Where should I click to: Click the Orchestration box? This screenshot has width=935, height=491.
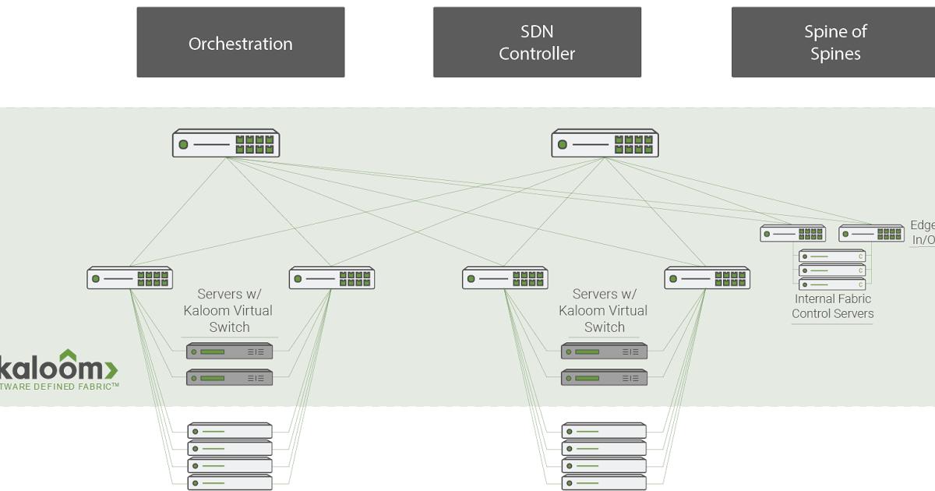pyautogui.click(x=240, y=43)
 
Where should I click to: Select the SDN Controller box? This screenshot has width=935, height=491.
pyautogui.click(x=537, y=43)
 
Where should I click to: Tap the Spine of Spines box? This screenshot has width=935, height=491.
pyautogui.click(x=834, y=43)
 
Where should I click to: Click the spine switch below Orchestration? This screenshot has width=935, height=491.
pyautogui.click(x=226, y=144)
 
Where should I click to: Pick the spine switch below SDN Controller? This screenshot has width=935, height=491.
pyautogui.click(x=605, y=144)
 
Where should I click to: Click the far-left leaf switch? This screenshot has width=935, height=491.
pyautogui.click(x=129, y=278)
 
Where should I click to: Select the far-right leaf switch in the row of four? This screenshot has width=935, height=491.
pyautogui.click(x=707, y=278)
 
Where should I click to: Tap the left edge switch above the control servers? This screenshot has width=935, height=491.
pyautogui.click(x=793, y=233)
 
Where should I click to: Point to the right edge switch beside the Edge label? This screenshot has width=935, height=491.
pyautogui.click(x=871, y=233)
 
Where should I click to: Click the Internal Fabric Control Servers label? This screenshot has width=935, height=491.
pyautogui.click(x=832, y=306)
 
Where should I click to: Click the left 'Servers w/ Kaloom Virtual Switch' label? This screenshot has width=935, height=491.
pyautogui.click(x=228, y=310)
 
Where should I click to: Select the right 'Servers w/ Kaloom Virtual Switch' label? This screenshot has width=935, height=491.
pyautogui.click(x=604, y=310)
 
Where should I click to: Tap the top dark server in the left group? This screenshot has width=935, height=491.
pyautogui.click(x=230, y=351)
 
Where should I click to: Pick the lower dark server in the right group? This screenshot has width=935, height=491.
pyautogui.click(x=605, y=378)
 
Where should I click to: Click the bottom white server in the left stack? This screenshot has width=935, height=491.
pyautogui.click(x=230, y=482)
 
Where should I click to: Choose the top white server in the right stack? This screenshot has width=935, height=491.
pyautogui.click(x=605, y=430)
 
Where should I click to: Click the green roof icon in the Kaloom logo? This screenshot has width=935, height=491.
pyautogui.click(x=69, y=355)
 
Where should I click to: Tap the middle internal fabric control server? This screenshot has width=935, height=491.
pyautogui.click(x=832, y=270)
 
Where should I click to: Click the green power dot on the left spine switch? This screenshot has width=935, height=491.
pyautogui.click(x=183, y=144)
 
